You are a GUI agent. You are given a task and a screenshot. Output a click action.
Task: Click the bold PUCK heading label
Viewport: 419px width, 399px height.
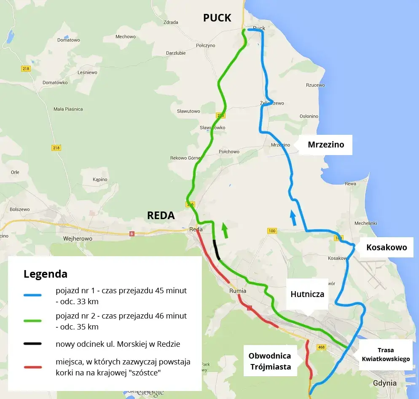pos(217,18)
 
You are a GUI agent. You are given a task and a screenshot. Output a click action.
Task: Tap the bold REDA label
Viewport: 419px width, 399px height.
pos(161,215)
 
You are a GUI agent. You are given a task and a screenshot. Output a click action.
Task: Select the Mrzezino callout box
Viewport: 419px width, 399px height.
pos(325,145)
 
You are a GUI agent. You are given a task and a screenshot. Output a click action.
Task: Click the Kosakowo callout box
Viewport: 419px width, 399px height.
pos(386,247)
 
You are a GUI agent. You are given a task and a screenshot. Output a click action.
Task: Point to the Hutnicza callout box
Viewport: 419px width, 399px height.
pos(307,294)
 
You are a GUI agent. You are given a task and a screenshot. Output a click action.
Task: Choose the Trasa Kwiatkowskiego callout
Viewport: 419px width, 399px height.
pos(386,355)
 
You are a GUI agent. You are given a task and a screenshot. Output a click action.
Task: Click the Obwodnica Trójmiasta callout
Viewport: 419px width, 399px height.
pos(270,361)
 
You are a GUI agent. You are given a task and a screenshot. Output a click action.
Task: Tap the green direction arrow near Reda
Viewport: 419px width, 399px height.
pos(225,230)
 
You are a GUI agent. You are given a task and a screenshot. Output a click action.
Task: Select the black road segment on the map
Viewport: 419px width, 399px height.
pos(217,250)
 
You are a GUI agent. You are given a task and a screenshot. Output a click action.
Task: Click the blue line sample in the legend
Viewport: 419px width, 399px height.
pos(32,295)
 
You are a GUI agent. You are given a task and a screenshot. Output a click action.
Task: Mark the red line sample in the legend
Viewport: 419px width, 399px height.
pos(32,367)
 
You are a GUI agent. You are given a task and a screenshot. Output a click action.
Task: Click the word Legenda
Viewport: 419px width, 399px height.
pos(46,274)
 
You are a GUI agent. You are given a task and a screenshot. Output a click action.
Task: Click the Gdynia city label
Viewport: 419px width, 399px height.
pos(385,383)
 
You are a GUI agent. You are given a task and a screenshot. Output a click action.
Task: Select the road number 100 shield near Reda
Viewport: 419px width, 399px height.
pos(272,231)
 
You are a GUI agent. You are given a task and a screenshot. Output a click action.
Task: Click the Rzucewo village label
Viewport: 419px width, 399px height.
pos(315,85)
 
